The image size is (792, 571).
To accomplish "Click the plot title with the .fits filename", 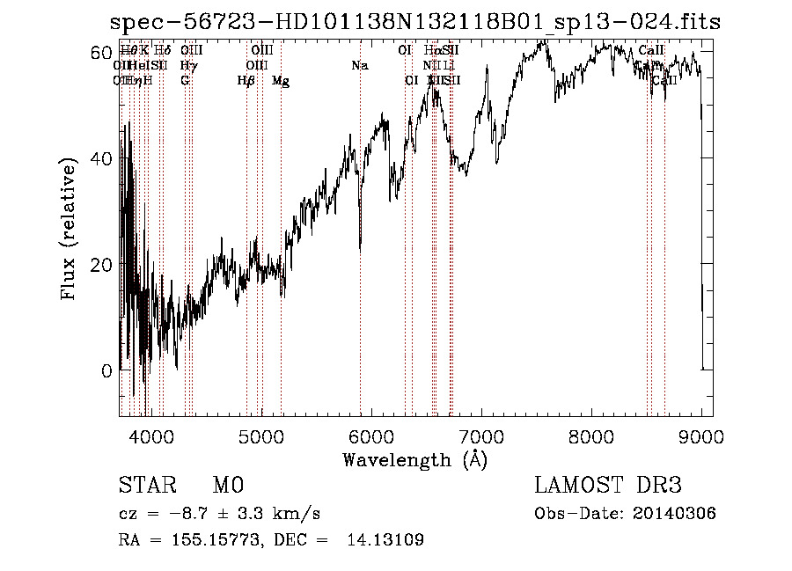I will point(414,22).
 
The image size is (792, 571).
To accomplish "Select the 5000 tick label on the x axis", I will point(260,436).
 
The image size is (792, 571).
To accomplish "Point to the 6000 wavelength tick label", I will point(371,436).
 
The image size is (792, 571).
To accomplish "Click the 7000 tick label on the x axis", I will point(481,436).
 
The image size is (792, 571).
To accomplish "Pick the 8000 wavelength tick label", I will point(591,436).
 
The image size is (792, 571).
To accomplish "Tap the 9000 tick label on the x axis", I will point(701,436).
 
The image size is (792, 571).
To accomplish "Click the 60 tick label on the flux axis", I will point(103,53).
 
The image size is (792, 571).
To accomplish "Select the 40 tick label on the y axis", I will point(103,159).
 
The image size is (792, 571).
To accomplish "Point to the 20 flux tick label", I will point(103,265).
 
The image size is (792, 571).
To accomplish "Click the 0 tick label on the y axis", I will point(107,370).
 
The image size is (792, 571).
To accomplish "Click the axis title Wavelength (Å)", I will point(414,459).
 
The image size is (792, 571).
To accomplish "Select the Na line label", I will point(359,66).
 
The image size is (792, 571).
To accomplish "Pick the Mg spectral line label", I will point(280,81).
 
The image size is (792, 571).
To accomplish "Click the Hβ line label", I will point(246,81).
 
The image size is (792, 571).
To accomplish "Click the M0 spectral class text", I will point(227,486).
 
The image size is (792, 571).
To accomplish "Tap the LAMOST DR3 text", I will point(607,486).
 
